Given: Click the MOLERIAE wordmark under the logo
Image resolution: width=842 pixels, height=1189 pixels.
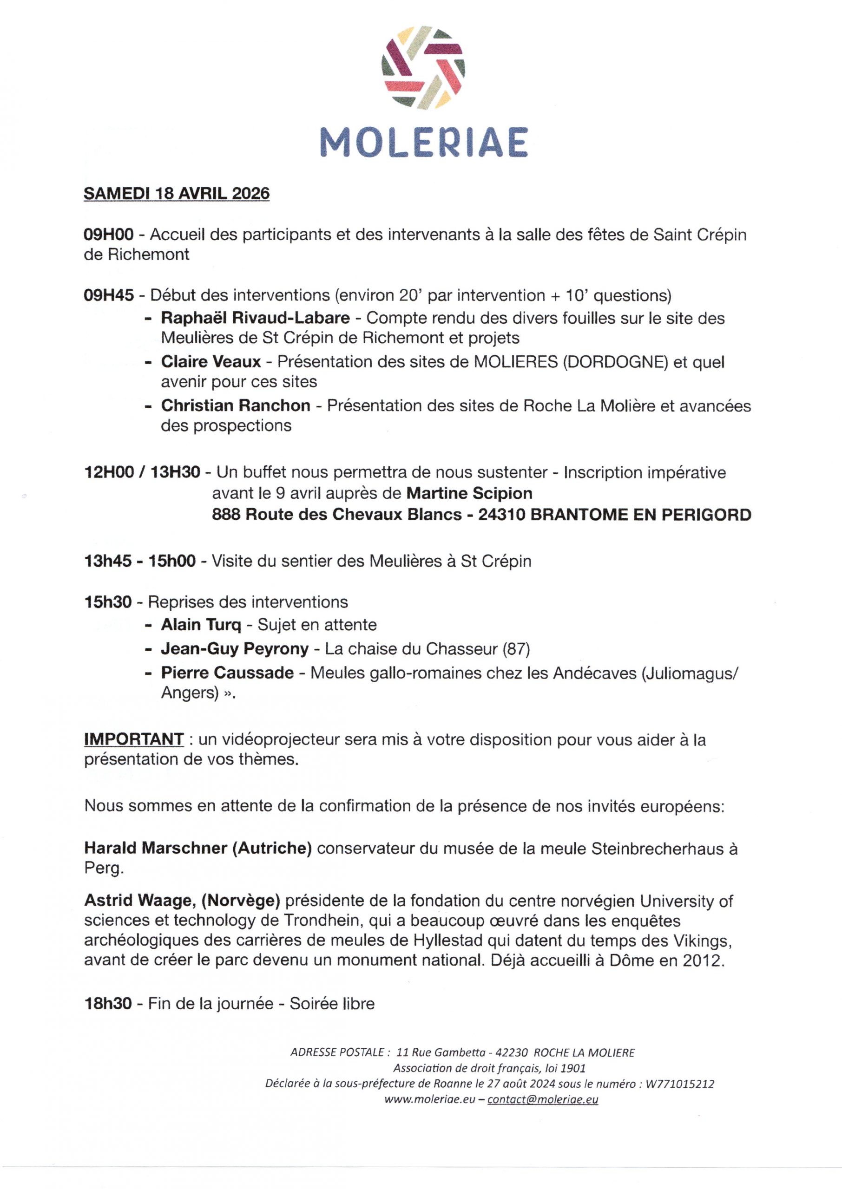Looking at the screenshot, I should click(423, 142).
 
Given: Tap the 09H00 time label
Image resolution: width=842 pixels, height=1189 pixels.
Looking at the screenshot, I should click(109, 235).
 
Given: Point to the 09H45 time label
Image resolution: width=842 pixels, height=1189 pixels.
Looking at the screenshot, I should click(109, 295).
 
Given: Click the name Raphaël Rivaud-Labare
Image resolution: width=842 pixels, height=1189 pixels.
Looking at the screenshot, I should click(255, 318).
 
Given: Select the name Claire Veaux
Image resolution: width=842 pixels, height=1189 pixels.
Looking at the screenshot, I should click(211, 362).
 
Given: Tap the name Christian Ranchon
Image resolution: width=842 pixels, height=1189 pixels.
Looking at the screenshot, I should click(236, 405).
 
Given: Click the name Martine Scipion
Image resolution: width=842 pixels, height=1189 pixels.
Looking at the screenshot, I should click(469, 493).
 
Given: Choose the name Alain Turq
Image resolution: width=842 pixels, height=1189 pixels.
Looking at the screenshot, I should click(201, 625).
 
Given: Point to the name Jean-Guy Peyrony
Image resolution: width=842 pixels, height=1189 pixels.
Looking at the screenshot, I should click(234, 649).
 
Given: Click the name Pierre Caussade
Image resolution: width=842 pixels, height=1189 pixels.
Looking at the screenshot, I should click(227, 673).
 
